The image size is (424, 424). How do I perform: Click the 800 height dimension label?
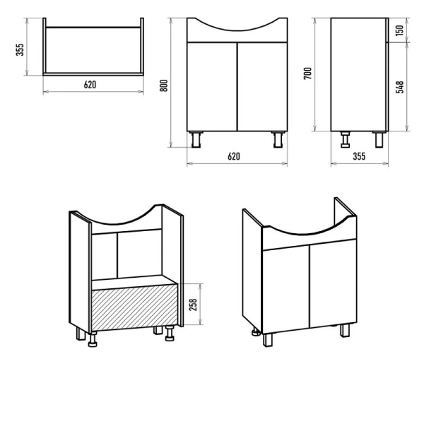pyautogui.click(x=164, y=86)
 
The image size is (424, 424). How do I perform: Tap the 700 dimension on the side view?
pyautogui.click(x=307, y=73)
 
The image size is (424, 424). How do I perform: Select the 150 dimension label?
pyautogui.click(x=399, y=30)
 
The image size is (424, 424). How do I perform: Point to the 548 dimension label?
pyautogui.click(x=400, y=87)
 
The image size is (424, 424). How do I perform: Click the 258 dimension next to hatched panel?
pyautogui.click(x=193, y=305)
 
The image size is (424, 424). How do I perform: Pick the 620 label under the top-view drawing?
pyautogui.click(x=90, y=85)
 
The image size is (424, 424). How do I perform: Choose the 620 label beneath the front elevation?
pyautogui.click(x=234, y=156)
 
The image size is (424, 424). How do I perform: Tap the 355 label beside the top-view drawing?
pyautogui.click(x=20, y=49)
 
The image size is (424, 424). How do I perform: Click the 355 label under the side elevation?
pyautogui.click(x=359, y=156)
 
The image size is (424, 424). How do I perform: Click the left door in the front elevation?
pyautogui.click(x=212, y=86)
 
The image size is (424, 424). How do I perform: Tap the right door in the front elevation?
pyautogui.click(x=262, y=86)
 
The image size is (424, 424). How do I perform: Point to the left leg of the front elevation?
pyautogui.click(x=196, y=139)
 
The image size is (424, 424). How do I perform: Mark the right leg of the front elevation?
pyautogui.click(x=278, y=139)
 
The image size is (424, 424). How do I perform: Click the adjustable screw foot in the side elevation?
pyautogui.click(x=345, y=139)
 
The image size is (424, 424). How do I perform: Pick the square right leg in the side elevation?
pyautogui.click(x=379, y=139)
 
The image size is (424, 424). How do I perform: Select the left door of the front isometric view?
pyautogui.click(x=286, y=289)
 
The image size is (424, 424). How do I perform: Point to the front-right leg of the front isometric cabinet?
pyautogui.click(x=345, y=331)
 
